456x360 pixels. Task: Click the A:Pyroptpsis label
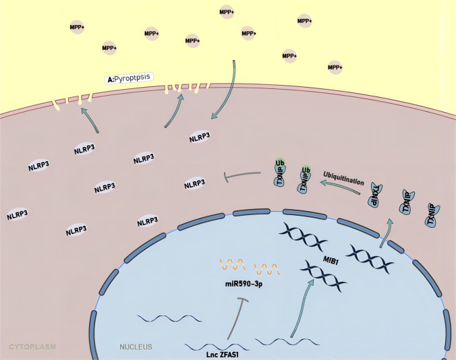coord(131,79)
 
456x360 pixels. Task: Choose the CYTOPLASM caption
coord(32,347)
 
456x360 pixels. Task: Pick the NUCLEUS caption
coord(136,347)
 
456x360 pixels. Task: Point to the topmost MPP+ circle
coord(227,11)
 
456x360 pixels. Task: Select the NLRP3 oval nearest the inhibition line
coord(195,183)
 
